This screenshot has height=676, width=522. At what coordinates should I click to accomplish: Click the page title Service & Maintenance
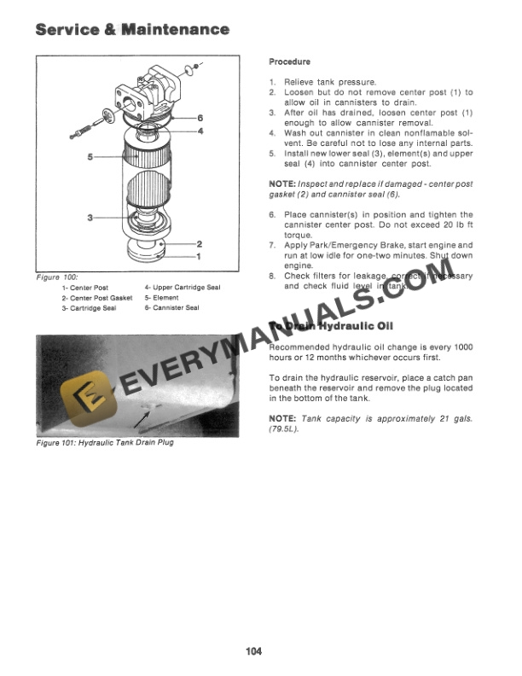click(x=132, y=30)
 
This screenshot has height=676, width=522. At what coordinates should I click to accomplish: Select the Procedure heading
click(x=290, y=62)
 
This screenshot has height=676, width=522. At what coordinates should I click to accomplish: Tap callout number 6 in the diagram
click(x=200, y=117)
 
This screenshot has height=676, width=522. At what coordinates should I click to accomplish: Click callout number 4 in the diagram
click(x=200, y=131)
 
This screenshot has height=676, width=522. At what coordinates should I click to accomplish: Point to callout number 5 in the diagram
click(x=90, y=157)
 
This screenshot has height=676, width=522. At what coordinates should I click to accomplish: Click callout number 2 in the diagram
click(x=199, y=244)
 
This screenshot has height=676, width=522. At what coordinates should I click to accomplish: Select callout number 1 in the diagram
click(x=199, y=255)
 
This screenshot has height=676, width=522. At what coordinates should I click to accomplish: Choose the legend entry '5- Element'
click(x=162, y=298)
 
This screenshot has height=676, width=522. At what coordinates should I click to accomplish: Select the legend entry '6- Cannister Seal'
click(x=171, y=307)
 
